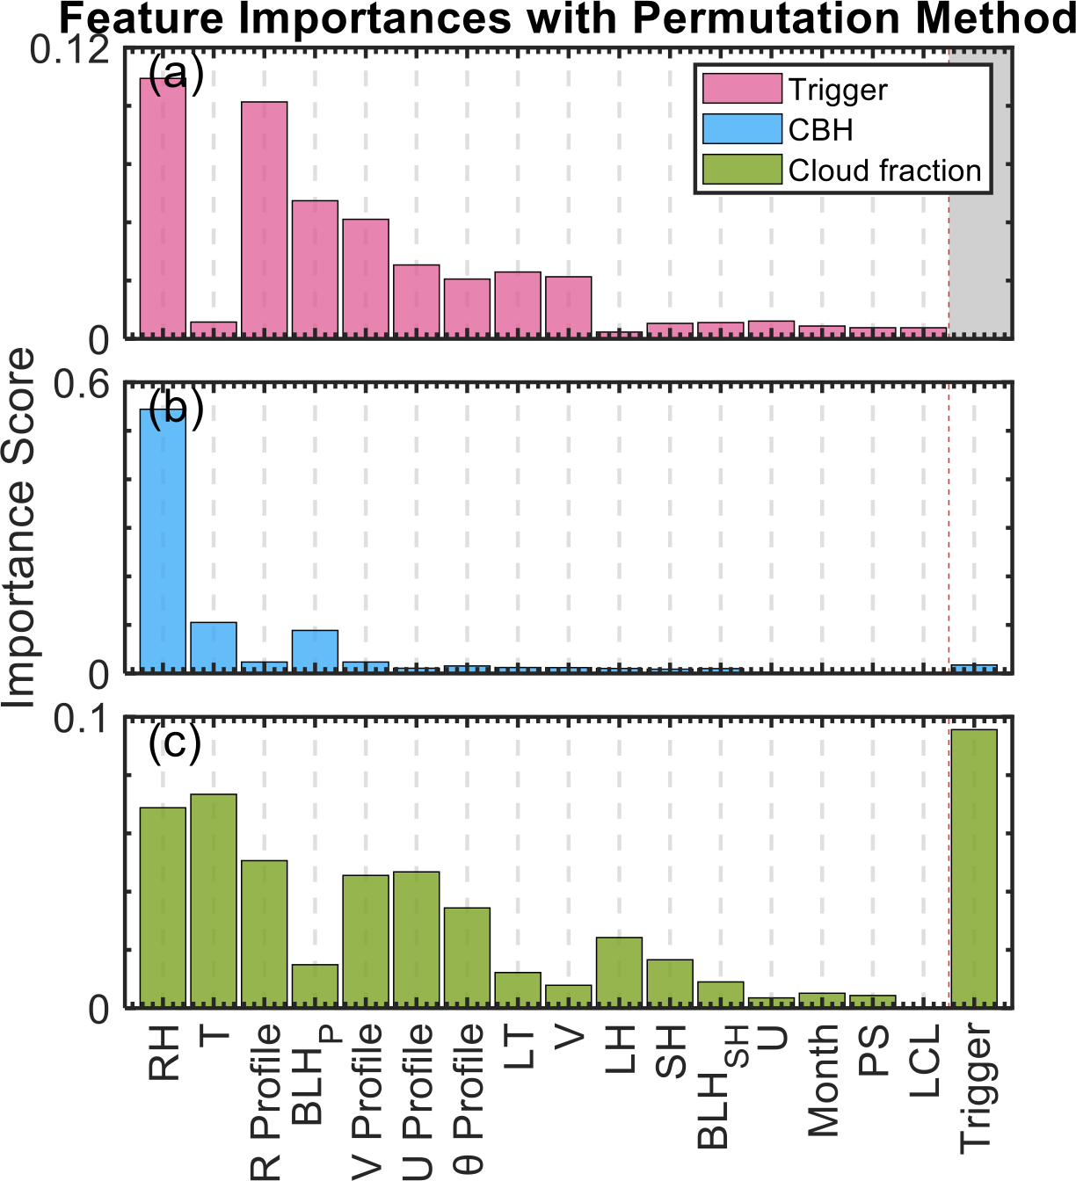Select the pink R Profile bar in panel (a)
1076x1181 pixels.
tap(265, 219)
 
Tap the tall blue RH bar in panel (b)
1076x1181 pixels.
tap(164, 540)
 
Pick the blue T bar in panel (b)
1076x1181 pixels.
tap(214, 647)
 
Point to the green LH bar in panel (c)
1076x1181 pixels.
tap(619, 971)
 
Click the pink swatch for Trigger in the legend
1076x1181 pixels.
tap(742, 89)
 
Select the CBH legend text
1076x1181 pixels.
tap(820, 130)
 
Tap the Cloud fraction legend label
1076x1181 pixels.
tap(883, 170)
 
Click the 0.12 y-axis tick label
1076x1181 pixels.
tap(69, 51)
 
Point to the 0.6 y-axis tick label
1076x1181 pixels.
tap(81, 386)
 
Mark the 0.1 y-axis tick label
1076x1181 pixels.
tap(81, 720)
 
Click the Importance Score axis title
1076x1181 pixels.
tap(19, 527)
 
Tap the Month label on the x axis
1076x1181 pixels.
tap(824, 1080)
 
